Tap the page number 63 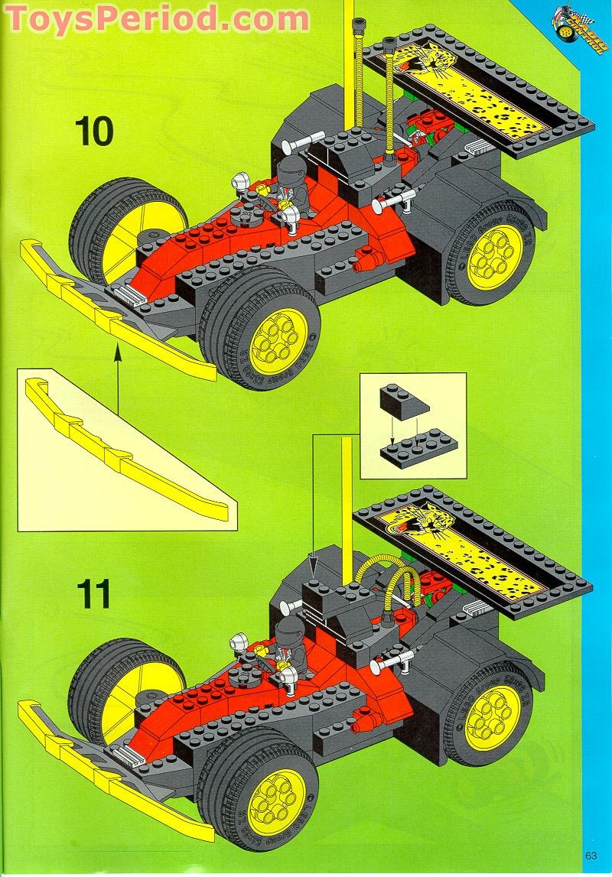point(591,856)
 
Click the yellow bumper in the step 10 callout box point(122,451)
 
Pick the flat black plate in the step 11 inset point(418,447)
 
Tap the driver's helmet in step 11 point(289,632)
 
